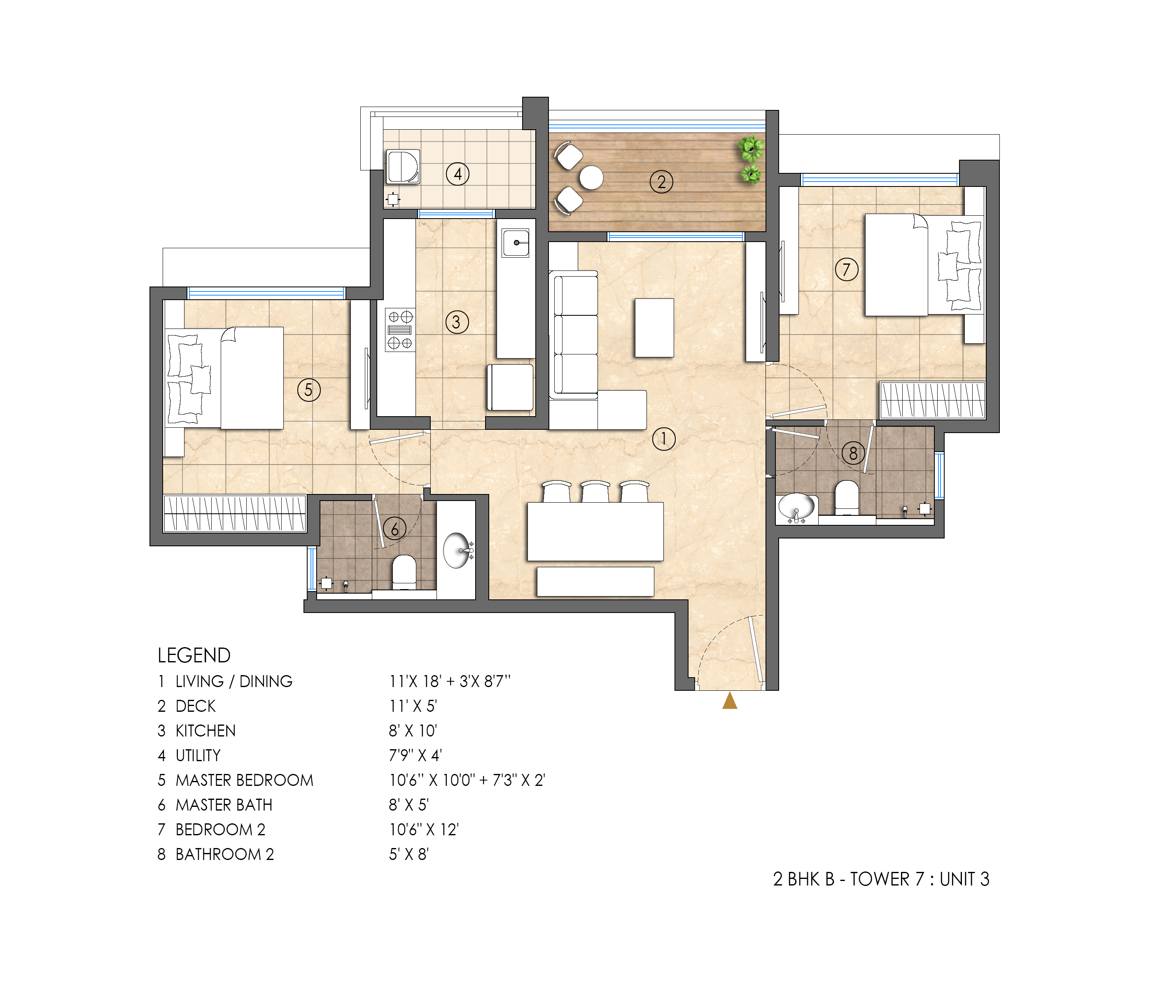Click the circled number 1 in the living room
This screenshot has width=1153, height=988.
click(x=663, y=439)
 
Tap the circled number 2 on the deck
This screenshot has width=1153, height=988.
click(x=661, y=182)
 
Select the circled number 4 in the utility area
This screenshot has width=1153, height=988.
click(x=457, y=174)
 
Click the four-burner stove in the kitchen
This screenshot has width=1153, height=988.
click(x=400, y=330)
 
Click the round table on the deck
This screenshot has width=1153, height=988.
click(x=591, y=178)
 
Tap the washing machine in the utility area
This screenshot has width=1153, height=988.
click(x=403, y=166)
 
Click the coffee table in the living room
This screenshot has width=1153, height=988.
click(x=654, y=328)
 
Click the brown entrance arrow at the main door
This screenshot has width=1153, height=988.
click(x=730, y=701)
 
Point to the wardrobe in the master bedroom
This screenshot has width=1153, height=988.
click(x=234, y=513)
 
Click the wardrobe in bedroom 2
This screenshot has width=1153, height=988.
click(x=932, y=400)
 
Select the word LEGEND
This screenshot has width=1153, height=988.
click(x=194, y=655)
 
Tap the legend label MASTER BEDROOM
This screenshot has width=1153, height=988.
click(x=244, y=780)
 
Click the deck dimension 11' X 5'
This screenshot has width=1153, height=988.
click(x=413, y=706)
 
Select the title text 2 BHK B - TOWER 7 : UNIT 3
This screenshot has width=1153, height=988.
click(x=881, y=879)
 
